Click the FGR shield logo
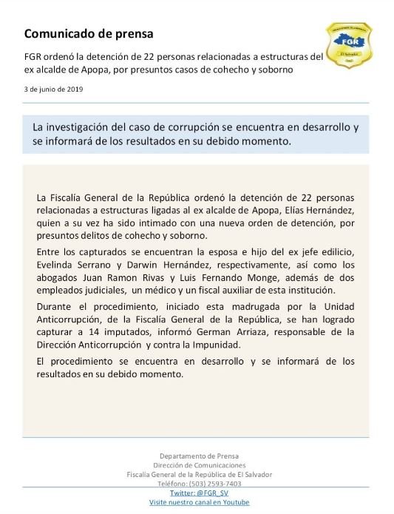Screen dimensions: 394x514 pyautogui.click(x=350, y=47)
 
